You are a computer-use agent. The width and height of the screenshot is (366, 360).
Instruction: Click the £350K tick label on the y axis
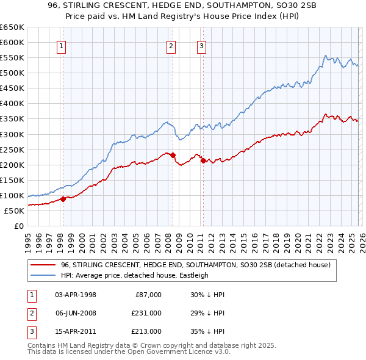12,119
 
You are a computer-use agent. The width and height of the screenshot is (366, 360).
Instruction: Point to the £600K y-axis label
12,42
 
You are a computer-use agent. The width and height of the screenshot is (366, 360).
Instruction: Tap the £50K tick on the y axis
15,211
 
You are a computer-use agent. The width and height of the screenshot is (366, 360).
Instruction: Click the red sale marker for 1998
63,199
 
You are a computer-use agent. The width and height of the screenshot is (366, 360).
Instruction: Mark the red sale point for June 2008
173,155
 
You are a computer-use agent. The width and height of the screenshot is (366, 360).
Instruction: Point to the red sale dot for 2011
203,160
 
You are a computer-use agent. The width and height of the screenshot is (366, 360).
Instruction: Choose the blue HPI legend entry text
134,275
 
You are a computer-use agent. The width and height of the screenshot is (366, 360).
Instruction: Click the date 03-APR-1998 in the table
76,295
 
